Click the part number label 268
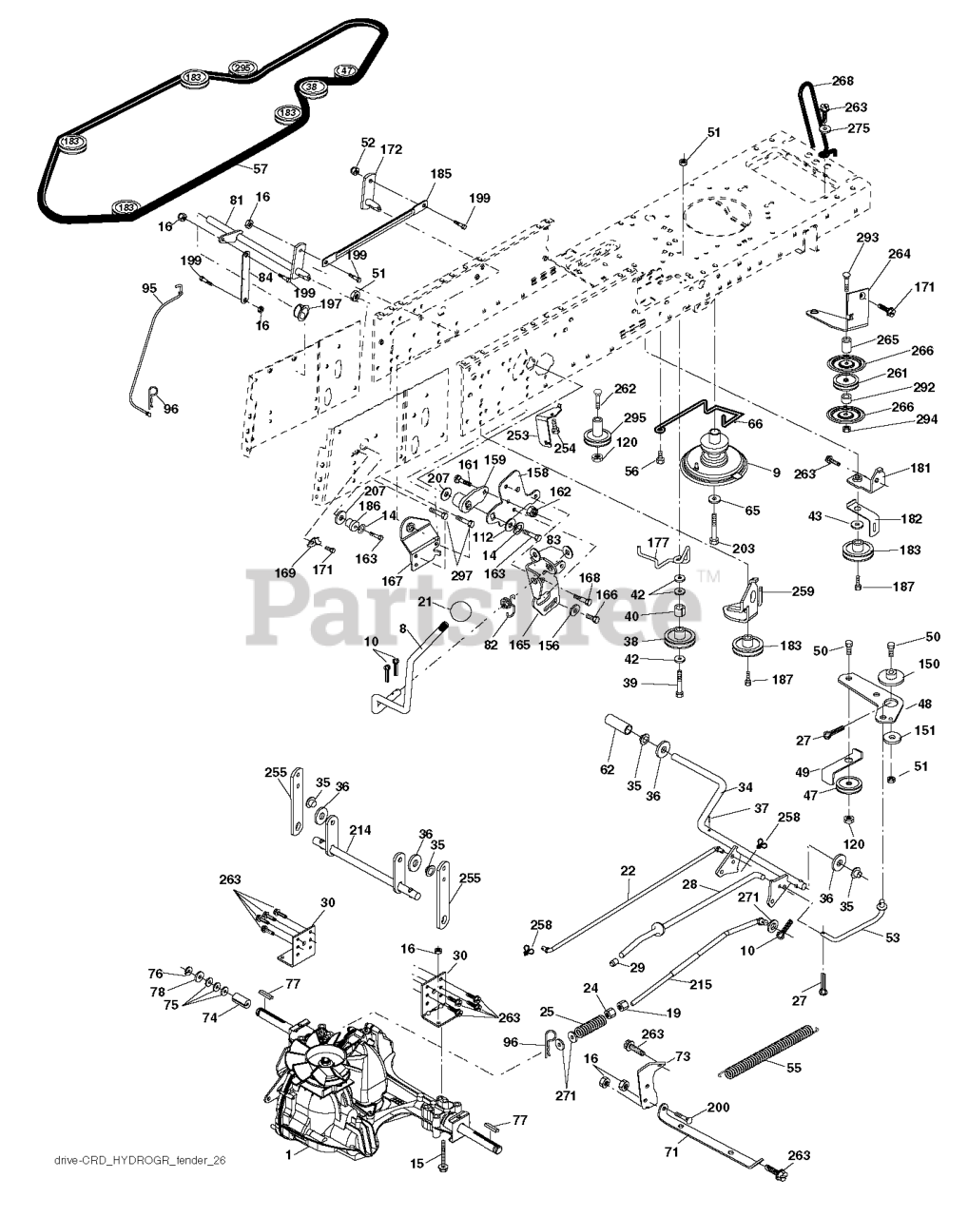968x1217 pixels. point(842,82)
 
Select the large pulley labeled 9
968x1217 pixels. point(721,464)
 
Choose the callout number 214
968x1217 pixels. point(358,831)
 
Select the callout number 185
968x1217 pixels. point(440,174)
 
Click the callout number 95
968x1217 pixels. point(149,287)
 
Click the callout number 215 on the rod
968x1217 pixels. point(700,985)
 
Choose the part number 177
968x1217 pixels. point(657,541)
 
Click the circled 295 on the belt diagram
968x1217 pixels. point(242,68)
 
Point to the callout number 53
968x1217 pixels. point(893,938)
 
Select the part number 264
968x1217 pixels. point(899,254)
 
